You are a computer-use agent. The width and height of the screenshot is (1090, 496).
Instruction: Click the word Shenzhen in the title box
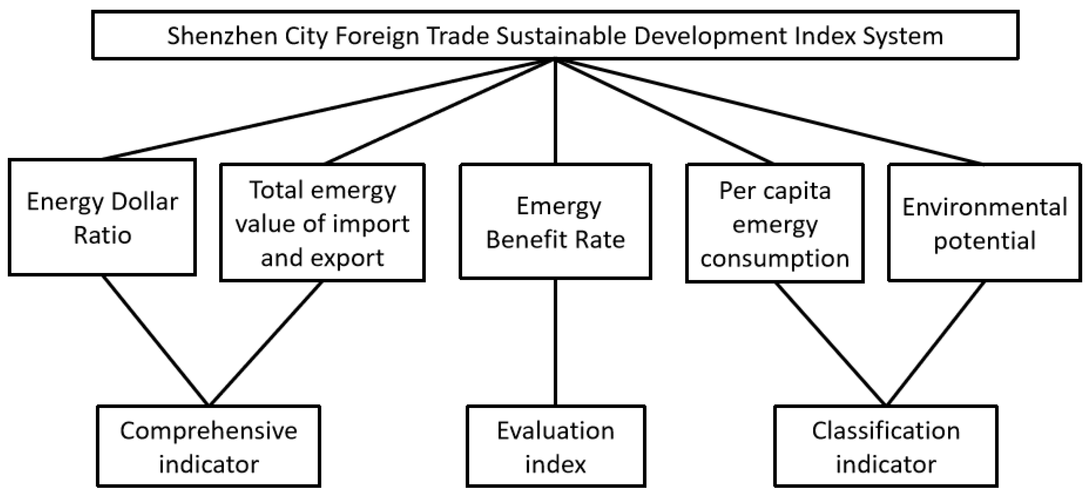pyautogui.click(x=222, y=35)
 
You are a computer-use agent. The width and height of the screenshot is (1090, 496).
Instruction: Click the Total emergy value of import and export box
pyautogui.click(x=322, y=223)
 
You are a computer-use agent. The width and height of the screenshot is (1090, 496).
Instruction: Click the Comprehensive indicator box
pyautogui.click(x=208, y=446)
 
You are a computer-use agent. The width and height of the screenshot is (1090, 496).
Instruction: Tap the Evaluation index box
pyautogui.click(x=556, y=446)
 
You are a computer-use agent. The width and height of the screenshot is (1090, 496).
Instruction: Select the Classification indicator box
pyautogui.click(x=886, y=446)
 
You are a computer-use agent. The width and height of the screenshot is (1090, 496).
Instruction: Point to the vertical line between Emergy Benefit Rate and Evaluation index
pyautogui.click(x=555, y=342)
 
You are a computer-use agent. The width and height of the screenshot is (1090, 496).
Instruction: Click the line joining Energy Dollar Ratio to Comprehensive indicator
pyautogui.click(x=156, y=341)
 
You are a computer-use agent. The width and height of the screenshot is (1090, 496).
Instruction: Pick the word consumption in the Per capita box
pyautogui.click(x=774, y=258)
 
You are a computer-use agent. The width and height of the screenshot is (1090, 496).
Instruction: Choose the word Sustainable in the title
pyautogui.click(x=561, y=35)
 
